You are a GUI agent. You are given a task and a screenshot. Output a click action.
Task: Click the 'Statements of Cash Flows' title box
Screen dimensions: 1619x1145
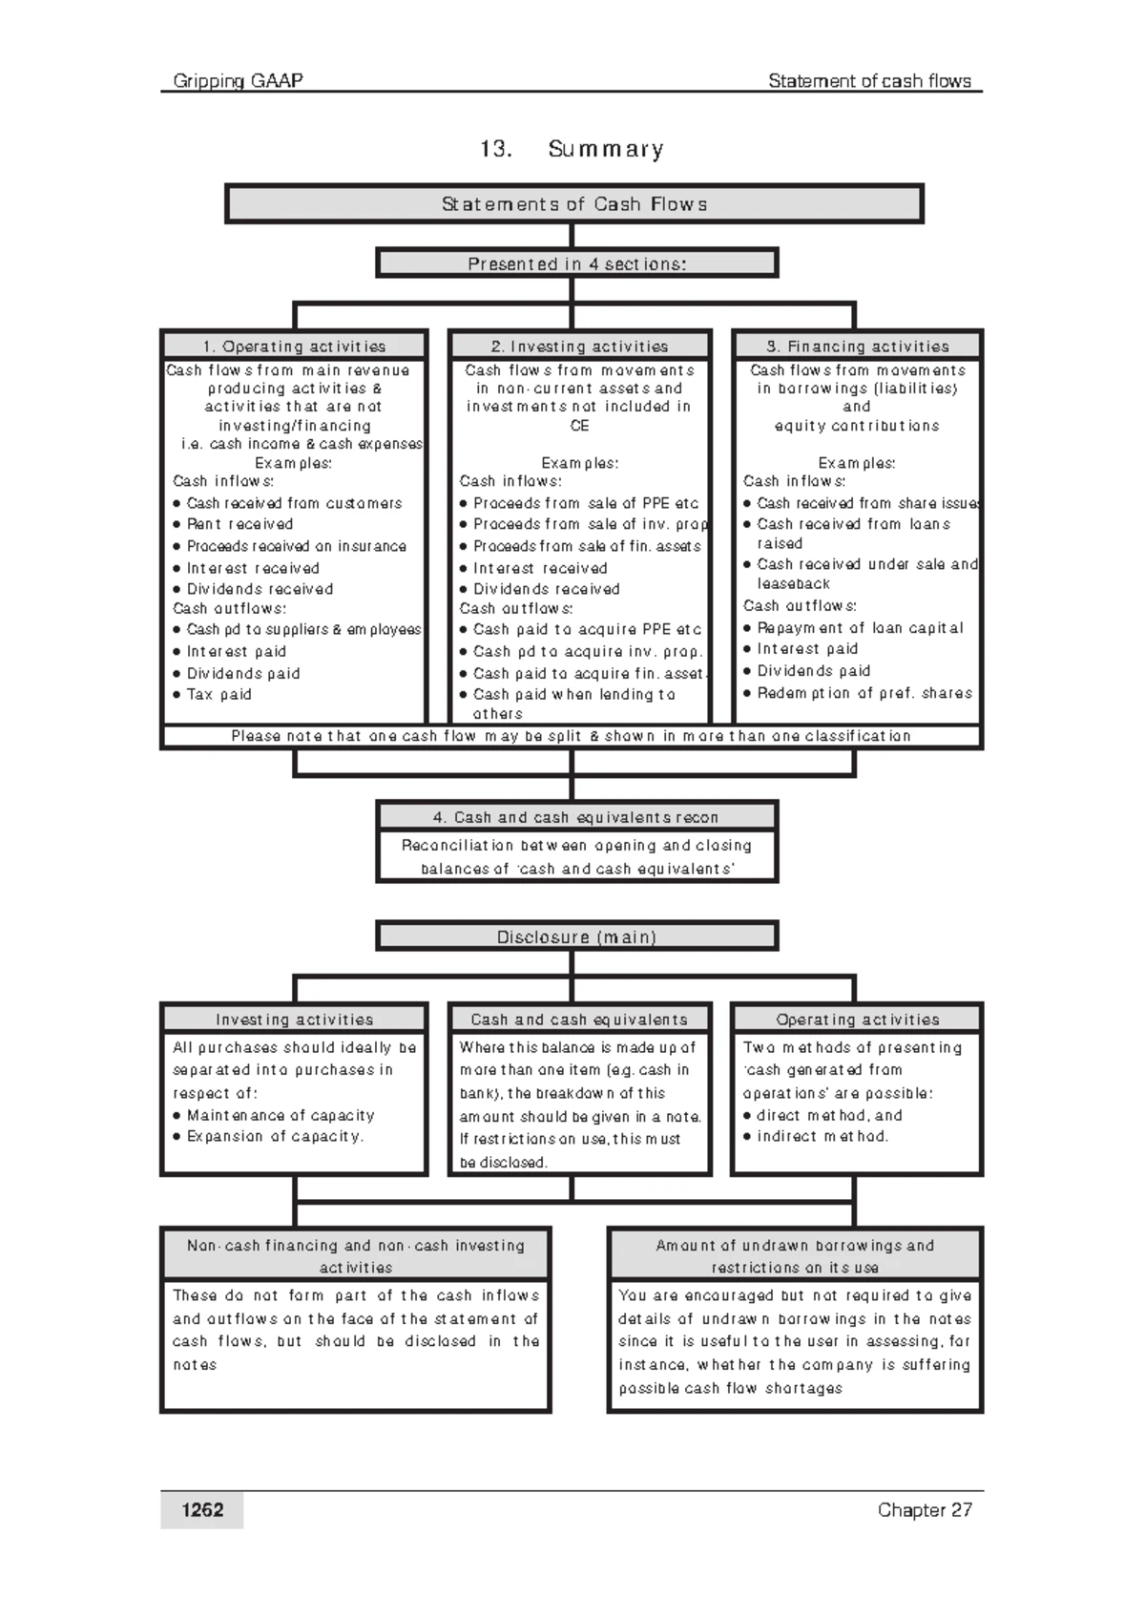pos(573,204)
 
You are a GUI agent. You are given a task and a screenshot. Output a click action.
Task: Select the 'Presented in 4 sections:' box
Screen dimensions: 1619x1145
pos(577,263)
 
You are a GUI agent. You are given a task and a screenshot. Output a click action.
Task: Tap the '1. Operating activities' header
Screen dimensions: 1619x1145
pos(294,347)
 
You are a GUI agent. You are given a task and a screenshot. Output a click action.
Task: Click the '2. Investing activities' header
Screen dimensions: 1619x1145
pos(579,347)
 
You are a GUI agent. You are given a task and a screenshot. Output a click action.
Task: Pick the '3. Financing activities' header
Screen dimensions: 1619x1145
pos(857,347)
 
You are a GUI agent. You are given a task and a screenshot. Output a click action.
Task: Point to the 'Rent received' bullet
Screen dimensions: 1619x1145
pos(239,524)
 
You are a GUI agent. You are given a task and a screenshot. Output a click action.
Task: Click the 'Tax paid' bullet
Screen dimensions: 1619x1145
pos(219,694)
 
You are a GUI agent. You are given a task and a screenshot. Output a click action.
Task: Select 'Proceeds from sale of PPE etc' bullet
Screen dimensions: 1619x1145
pos(586,503)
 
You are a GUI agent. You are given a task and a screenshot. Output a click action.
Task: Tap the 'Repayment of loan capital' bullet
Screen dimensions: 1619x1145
pos(860,628)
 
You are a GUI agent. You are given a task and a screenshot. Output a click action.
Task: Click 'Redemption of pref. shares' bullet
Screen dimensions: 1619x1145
pos(864,693)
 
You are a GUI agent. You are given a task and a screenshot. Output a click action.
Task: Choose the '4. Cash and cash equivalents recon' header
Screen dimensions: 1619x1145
pos(576,817)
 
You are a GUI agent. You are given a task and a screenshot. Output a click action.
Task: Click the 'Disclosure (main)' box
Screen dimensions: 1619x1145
pos(577,937)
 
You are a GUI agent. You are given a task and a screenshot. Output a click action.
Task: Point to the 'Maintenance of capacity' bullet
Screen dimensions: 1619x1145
pos(281,1115)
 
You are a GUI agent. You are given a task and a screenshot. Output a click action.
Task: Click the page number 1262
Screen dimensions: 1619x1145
pos(202,1510)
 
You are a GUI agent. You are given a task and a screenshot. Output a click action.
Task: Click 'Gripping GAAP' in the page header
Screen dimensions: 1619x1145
pos(238,81)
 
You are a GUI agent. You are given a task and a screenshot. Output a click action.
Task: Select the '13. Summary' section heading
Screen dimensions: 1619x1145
pos(572,149)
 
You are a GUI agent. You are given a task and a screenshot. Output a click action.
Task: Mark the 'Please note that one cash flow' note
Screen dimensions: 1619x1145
pos(571,736)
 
